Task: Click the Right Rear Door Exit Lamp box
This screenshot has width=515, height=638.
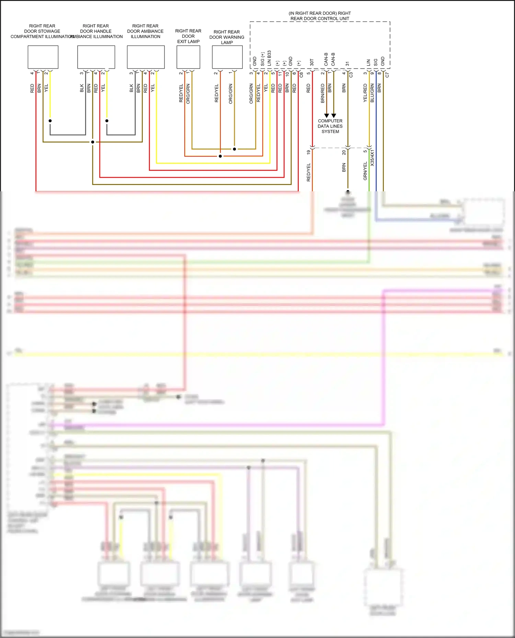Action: [x=188, y=57]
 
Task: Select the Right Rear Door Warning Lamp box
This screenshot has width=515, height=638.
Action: [x=227, y=57]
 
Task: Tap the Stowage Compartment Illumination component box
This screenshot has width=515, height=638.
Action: [x=43, y=57]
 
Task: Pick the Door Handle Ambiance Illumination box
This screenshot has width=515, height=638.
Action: [x=96, y=57]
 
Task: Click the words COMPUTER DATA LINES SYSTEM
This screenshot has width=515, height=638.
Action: [x=330, y=126]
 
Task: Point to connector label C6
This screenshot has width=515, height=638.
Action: [x=301, y=74]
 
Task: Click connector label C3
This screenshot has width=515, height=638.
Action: [x=351, y=74]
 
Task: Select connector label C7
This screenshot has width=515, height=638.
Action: [x=387, y=74]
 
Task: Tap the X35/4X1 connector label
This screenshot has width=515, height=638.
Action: [x=372, y=158]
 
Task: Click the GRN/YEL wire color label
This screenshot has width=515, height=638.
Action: [x=365, y=171]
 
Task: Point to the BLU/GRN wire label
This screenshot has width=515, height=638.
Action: [x=372, y=93]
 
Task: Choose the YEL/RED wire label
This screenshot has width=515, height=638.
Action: [x=365, y=93]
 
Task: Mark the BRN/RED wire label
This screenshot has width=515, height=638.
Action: [x=322, y=93]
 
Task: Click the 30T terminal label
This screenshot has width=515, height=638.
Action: [x=312, y=62]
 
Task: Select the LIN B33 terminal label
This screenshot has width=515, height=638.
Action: [x=269, y=58]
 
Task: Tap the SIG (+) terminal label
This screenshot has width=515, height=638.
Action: [x=262, y=59]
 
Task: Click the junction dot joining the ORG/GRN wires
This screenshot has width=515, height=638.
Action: [x=234, y=149]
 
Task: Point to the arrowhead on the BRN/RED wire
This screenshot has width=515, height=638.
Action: [x=327, y=116]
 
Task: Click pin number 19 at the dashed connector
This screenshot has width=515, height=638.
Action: [x=308, y=152]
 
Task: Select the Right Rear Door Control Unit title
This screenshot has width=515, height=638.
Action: [x=320, y=16]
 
